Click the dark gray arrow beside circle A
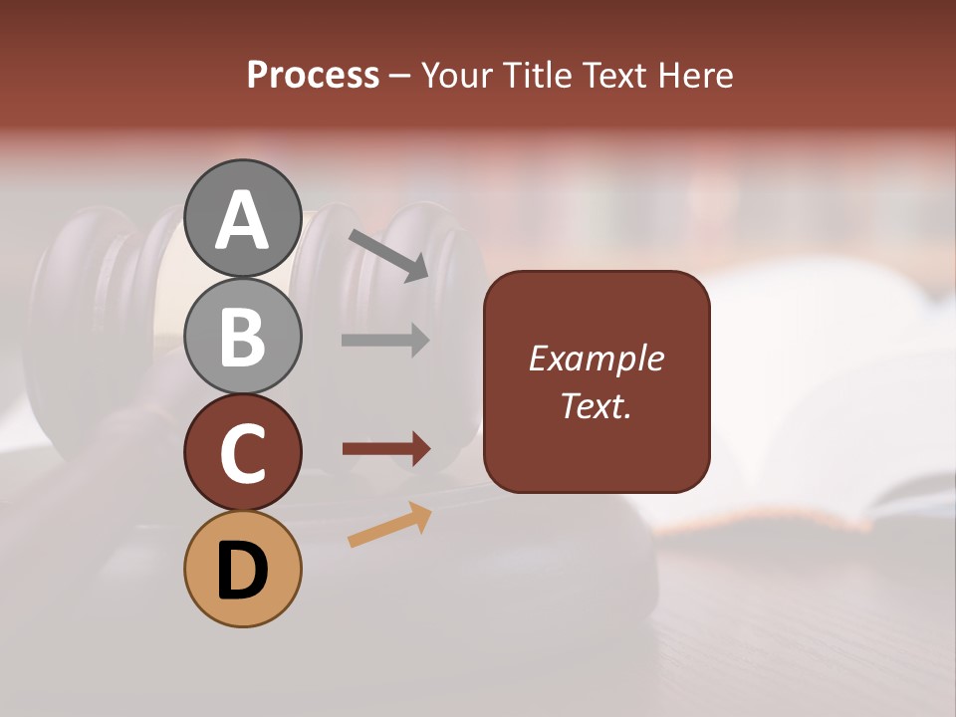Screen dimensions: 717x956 point(388,255)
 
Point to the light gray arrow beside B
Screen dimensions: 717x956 point(385,341)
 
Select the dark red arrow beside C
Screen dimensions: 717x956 point(385,449)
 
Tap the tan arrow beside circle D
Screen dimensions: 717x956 point(389,525)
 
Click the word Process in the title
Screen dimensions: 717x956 point(313,76)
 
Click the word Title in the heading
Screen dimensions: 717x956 point(538,76)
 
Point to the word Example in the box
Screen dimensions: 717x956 point(597,358)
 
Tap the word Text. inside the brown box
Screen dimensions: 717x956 point(597,405)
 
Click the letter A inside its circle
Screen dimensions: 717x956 point(242,220)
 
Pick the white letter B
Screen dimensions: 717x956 point(242,336)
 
